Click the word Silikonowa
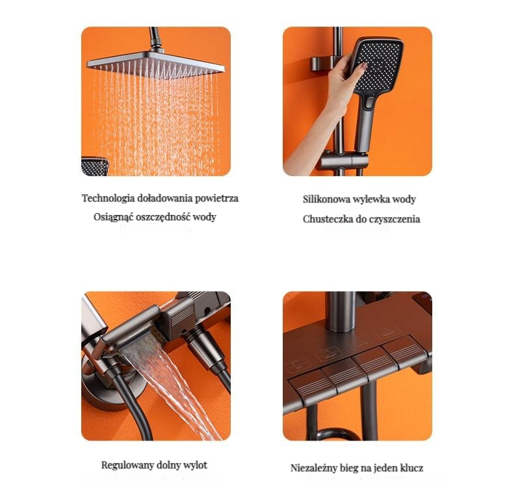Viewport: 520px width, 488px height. (x=326, y=199)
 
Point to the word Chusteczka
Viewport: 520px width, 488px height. (x=328, y=219)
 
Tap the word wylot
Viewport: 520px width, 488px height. (x=196, y=465)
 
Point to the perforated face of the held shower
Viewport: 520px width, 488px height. (x=380, y=65)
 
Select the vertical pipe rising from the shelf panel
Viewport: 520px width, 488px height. (x=341, y=311)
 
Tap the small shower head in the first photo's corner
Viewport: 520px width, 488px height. (x=95, y=166)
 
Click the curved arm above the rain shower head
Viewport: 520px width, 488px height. (x=155, y=39)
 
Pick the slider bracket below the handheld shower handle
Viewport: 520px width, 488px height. (x=343, y=162)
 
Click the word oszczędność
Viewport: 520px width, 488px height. (x=162, y=217)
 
